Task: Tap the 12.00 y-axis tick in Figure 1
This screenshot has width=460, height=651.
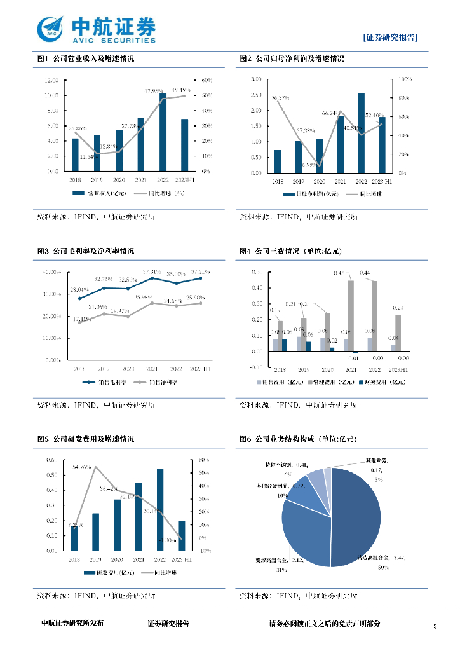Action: (x=51, y=80)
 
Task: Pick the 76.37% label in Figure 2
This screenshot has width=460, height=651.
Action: (x=280, y=98)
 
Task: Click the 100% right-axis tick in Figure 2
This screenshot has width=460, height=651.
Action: (x=405, y=80)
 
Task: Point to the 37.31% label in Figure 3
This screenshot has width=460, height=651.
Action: (x=152, y=270)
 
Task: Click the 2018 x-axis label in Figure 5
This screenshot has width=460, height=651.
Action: (x=74, y=559)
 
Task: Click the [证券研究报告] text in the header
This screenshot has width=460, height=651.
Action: (x=390, y=37)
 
